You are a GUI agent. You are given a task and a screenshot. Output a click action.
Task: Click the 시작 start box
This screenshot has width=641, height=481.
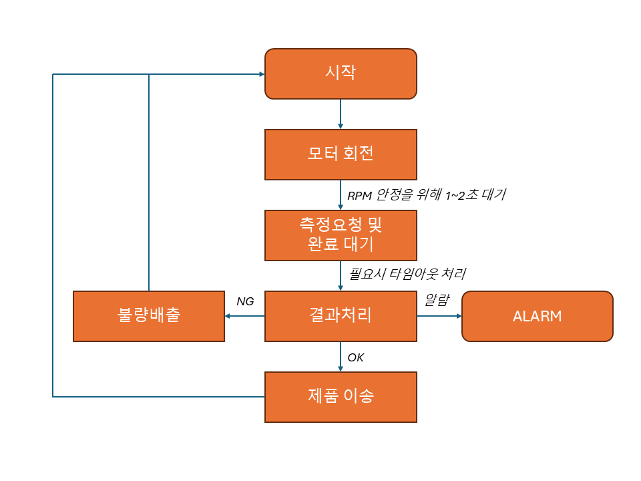coord(341,73)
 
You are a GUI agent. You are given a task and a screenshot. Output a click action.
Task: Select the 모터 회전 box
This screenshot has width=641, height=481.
coord(341,154)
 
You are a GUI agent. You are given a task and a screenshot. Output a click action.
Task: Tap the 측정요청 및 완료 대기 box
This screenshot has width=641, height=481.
coord(341,235)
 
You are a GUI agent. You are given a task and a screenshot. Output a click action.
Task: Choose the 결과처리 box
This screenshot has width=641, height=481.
coord(341,316)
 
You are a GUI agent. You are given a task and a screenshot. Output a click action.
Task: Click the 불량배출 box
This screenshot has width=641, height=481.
coord(148,316)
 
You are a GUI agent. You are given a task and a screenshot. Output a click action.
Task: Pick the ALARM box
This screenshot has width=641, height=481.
coord(537,316)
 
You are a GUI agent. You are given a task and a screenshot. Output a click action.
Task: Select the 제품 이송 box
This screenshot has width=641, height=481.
coord(341,397)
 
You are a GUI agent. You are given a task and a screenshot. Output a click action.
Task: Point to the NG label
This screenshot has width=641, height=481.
coord(245,301)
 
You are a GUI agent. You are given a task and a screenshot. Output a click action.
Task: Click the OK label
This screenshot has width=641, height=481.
coord(356,358)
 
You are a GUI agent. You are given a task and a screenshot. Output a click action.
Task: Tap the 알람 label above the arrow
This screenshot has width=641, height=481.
coord(437,300)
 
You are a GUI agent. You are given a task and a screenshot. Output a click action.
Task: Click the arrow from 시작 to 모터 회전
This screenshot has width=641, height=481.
coord(341,114)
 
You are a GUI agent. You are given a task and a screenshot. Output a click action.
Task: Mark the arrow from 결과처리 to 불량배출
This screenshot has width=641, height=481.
coord(245,316)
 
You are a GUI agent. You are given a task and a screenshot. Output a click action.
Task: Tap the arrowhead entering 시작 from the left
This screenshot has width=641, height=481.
coord(260,74)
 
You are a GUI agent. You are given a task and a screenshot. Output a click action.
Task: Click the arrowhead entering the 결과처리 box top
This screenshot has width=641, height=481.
coord(341,287)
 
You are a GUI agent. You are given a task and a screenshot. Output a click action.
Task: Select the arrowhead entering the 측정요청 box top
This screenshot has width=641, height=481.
coord(341,206)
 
